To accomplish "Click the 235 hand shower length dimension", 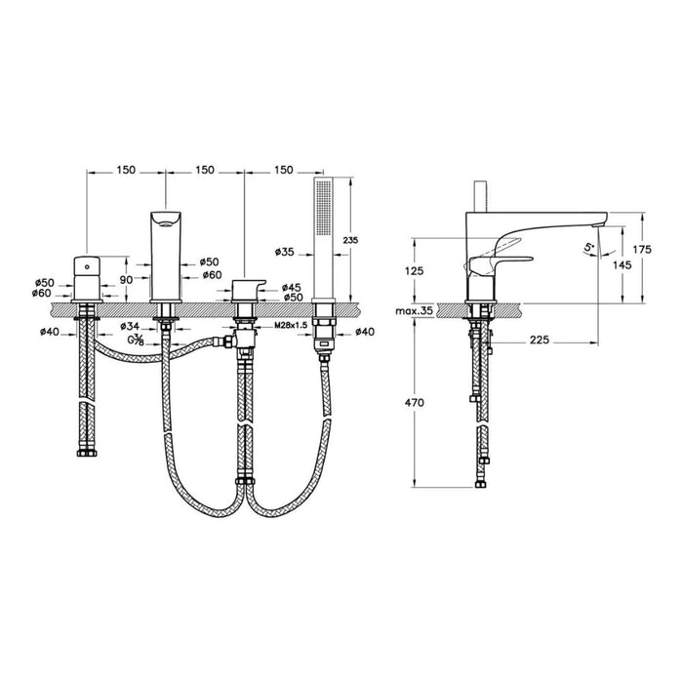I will [351, 239].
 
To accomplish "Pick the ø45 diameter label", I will [291, 287].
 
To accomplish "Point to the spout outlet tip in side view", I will [601, 221].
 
